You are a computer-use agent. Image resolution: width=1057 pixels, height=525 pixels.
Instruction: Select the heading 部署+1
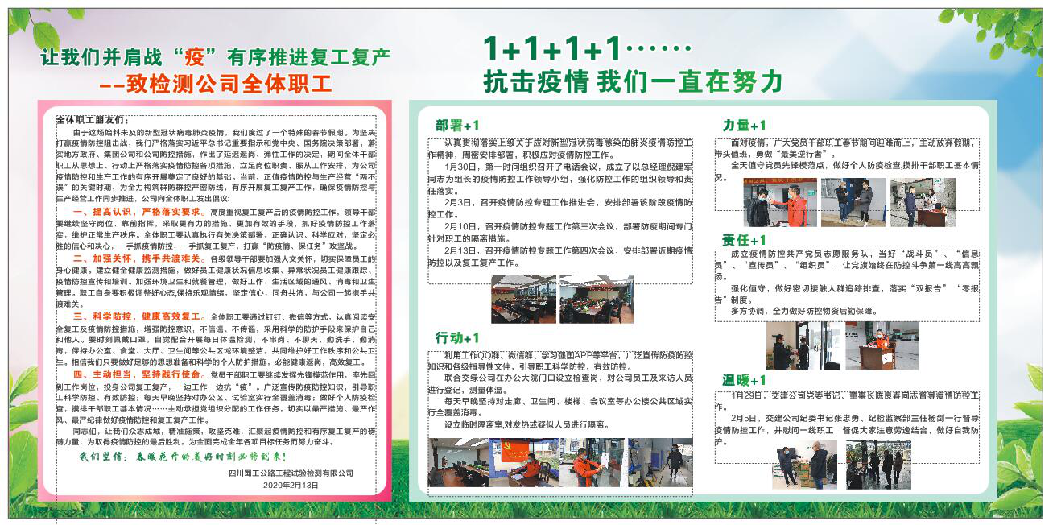pyautogui.click(x=457, y=126)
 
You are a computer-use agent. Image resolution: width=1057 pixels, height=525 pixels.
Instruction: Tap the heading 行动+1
pyautogui.click(x=457, y=337)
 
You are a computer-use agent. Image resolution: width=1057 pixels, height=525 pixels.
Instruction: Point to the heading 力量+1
pyautogui.click(x=744, y=126)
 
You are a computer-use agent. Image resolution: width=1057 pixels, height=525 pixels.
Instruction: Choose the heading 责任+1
pyautogui.click(x=744, y=240)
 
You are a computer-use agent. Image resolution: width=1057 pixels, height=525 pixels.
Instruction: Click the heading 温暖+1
pyautogui.click(x=744, y=380)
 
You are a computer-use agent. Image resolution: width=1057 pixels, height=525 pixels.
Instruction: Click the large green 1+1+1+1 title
pyautogui.click(x=554, y=49)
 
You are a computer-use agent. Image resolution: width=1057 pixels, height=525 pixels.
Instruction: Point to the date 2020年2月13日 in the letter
pyautogui.click(x=291, y=486)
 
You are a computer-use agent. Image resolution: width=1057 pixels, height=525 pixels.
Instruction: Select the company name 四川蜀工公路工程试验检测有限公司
pyautogui.click(x=291, y=473)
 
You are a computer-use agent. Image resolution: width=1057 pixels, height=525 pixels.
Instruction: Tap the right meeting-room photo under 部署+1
pyautogui.click(x=597, y=299)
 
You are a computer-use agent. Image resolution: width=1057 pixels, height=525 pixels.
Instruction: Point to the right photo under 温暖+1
pyautogui.click(x=879, y=465)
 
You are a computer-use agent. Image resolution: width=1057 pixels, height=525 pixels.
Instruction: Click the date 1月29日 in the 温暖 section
pyautogui.click(x=747, y=396)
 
